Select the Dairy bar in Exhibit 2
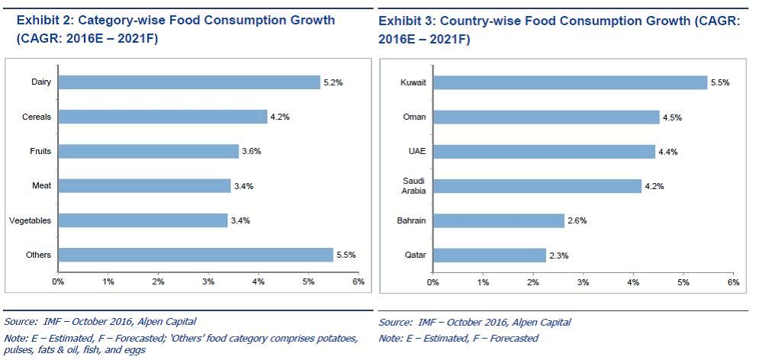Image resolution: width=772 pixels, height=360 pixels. pyautogui.click(x=188, y=82)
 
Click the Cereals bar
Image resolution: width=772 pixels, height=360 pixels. pyautogui.click(x=162, y=117)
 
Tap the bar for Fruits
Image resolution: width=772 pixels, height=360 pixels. pyautogui.click(x=148, y=151)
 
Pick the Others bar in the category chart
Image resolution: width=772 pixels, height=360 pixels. pyautogui.click(x=196, y=255)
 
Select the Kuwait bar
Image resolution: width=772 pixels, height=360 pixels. pyautogui.click(x=570, y=82)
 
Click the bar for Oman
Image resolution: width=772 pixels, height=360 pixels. pyautogui.click(x=546, y=117)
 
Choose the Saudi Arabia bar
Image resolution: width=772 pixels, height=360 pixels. pyautogui.click(x=537, y=186)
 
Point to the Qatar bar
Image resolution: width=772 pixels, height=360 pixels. pyautogui.click(x=490, y=255)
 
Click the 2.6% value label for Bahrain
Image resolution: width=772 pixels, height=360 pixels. pyautogui.click(x=577, y=220)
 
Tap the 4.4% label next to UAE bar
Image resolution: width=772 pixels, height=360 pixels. pyautogui.click(x=667, y=152)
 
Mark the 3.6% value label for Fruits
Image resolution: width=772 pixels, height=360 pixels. pyautogui.click(x=251, y=151)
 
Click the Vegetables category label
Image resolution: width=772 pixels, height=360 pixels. pyautogui.click(x=30, y=220)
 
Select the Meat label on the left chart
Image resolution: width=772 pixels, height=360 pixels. pyautogui.click(x=41, y=185)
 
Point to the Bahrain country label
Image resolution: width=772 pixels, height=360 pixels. pyautogui.click(x=412, y=220)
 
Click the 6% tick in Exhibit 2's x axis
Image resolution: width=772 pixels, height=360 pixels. pyautogui.click(x=359, y=281)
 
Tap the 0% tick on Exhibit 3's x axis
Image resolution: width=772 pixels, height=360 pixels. pyautogui.click(x=433, y=281)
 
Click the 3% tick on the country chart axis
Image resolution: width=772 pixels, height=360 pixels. pyautogui.click(x=584, y=281)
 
